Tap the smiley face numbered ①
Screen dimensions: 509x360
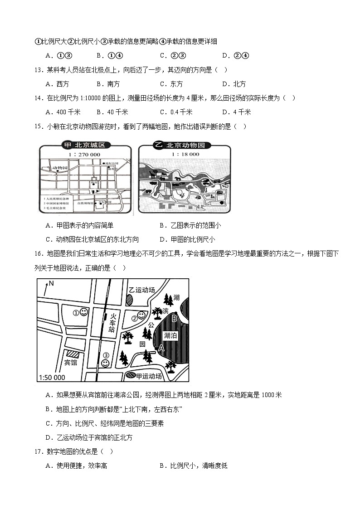click(84, 312)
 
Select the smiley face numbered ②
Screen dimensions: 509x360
click(141, 315)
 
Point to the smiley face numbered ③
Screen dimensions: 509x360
click(105, 363)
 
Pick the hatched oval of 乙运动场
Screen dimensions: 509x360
click(130, 300)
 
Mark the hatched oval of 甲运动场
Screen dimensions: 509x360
click(131, 376)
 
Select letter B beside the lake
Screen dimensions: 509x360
click(174, 318)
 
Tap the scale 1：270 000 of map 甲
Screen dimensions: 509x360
click(85, 155)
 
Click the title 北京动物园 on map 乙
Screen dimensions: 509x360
click(185, 145)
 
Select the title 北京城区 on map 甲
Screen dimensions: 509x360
click(89, 145)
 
